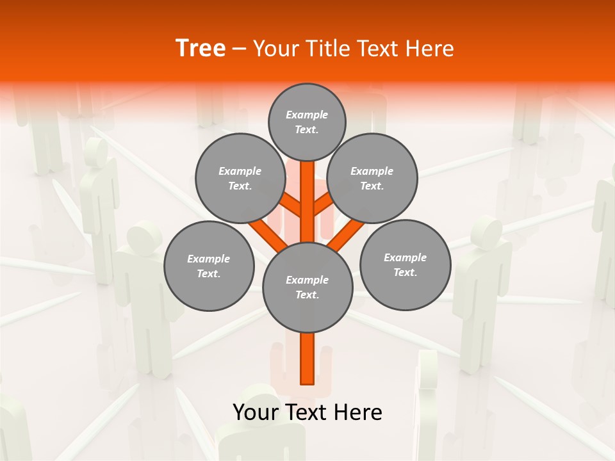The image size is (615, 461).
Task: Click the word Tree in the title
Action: (201, 48)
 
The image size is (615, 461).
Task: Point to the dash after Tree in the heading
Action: (240, 49)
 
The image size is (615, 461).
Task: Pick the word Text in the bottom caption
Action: (308, 412)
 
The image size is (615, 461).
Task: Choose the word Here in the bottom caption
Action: (359, 412)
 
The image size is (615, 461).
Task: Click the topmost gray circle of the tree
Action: (307, 122)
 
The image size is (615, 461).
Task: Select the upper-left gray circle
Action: (240, 178)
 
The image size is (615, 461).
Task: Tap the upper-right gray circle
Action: (372, 178)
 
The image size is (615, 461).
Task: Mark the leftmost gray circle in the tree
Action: (209, 266)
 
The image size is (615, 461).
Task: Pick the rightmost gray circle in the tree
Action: (405, 264)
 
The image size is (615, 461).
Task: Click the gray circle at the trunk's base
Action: (307, 287)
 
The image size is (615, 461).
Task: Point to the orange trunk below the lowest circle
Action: (307, 359)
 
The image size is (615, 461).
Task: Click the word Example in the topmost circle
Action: (307, 115)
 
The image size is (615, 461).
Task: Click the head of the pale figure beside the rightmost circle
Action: (486, 231)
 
